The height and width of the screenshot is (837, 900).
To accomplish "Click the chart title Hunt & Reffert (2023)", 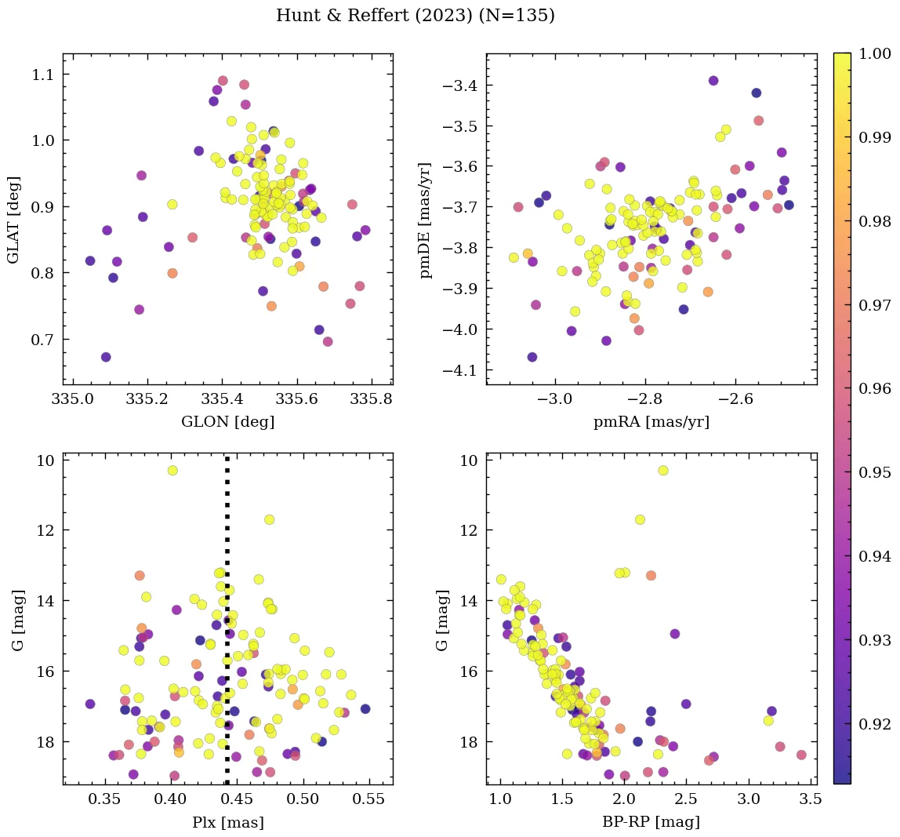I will point(415,16).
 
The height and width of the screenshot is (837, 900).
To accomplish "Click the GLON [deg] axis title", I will point(227,421).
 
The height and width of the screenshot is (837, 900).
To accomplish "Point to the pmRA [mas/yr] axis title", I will point(651,421).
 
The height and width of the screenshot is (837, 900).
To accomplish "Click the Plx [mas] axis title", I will point(227,822).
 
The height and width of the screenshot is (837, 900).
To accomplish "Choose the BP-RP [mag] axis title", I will point(651,822).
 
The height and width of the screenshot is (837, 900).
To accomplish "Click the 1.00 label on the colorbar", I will point(875,53).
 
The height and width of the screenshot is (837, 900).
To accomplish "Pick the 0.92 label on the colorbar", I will point(875,723).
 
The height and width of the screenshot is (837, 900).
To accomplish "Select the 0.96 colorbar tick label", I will point(875,388).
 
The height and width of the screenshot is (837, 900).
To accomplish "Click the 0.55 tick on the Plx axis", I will point(368,800).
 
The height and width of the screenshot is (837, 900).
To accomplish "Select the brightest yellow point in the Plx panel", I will point(172,470).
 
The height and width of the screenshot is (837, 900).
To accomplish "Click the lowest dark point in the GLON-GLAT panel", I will point(106,357).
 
